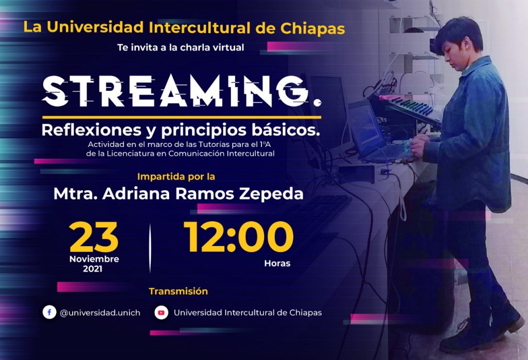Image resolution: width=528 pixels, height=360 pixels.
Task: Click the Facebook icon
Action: (x=49, y=313)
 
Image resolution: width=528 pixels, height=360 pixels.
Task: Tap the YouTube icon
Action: (x=161, y=313)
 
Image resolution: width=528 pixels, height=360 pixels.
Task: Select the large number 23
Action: (x=94, y=237)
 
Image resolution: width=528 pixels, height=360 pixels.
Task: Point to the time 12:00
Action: (x=238, y=237)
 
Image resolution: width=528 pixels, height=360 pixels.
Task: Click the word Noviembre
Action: (x=94, y=259)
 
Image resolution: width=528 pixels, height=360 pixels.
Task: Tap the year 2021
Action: (x=93, y=269)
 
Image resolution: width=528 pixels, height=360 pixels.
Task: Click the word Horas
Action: (x=277, y=264)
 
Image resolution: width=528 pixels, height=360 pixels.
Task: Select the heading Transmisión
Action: (x=178, y=291)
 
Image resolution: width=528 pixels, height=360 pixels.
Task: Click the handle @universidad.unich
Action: (x=100, y=313)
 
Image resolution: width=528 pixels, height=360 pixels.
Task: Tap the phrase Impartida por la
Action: (x=176, y=177)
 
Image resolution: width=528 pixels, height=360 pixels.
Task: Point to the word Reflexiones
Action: (x=91, y=130)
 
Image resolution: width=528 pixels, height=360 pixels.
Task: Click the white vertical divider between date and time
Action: (x=150, y=248)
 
